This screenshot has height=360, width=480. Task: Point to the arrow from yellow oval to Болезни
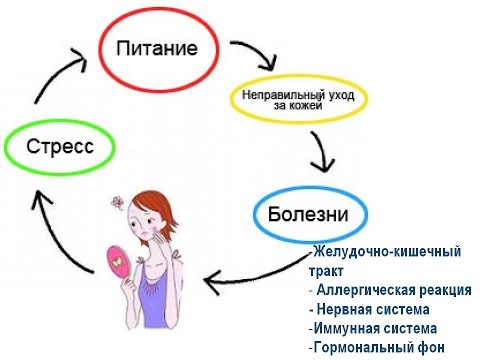pos(322,150)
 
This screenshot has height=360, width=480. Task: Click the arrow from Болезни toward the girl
pos(255,279)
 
